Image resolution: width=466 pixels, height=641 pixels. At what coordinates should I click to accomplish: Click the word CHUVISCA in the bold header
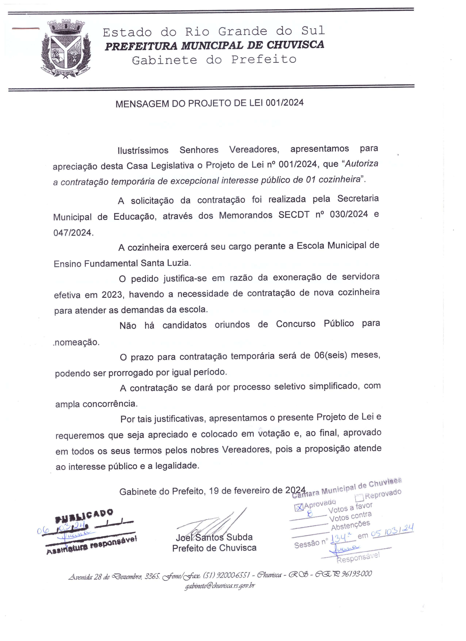[295, 45]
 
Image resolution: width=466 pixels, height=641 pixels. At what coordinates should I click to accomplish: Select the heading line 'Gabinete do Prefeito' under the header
[214, 60]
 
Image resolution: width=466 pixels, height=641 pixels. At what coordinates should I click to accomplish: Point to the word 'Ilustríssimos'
[143, 150]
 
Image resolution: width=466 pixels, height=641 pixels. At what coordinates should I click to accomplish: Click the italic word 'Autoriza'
[362, 164]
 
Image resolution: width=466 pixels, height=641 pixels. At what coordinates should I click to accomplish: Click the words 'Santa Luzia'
[165, 263]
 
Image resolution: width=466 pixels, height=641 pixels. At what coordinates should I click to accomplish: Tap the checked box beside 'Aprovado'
[299, 507]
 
